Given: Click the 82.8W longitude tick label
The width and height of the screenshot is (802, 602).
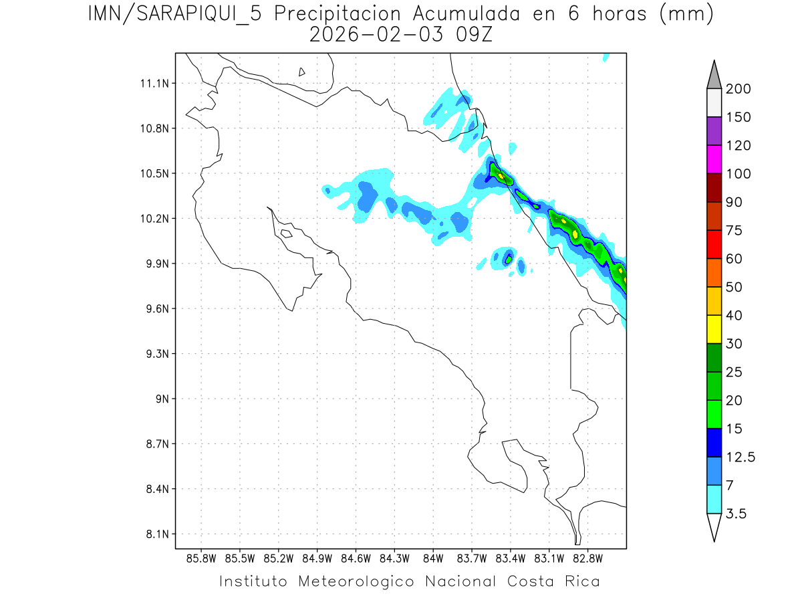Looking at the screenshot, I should point(587,558).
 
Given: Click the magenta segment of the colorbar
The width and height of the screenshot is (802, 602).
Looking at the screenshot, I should point(713,159).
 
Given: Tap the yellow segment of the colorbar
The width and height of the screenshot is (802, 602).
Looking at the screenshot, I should point(713,329).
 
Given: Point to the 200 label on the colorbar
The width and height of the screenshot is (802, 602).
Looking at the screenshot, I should point(739,89).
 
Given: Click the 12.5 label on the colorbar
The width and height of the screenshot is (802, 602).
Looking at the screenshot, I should point(740,457).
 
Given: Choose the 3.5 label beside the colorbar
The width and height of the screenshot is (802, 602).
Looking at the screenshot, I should point(736,514).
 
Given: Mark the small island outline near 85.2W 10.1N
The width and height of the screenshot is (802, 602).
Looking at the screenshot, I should point(285,233).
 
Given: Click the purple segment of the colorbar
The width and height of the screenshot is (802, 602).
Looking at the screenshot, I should point(713,131).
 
